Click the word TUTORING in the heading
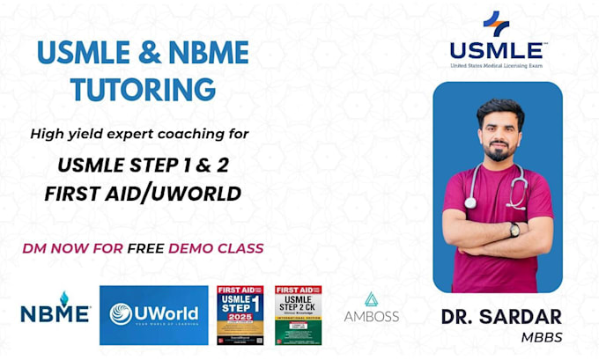[x=143, y=89]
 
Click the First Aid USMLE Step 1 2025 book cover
[x=241, y=313]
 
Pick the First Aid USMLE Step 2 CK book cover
[x=298, y=313]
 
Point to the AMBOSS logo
[x=371, y=309]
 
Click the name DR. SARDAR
[x=497, y=318]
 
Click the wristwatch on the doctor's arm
[x=514, y=230]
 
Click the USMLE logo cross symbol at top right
[x=496, y=24]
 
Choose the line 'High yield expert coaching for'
[x=139, y=134]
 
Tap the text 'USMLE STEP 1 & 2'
[x=143, y=165]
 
